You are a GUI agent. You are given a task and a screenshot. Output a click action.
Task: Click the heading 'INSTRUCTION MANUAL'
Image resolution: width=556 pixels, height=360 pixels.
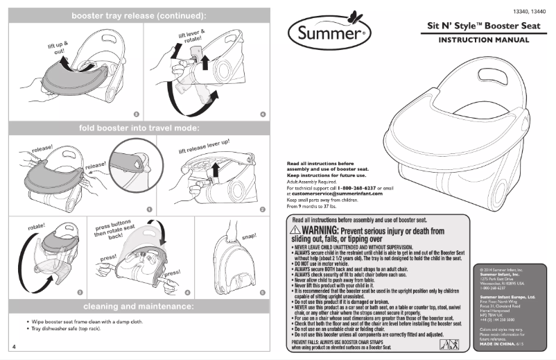tap(483, 40)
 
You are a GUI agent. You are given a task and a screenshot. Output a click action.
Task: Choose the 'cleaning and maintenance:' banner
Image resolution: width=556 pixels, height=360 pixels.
tap(139, 306)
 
